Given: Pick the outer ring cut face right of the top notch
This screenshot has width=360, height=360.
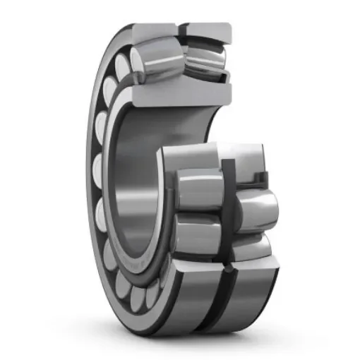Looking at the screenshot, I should pos(208,30).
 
